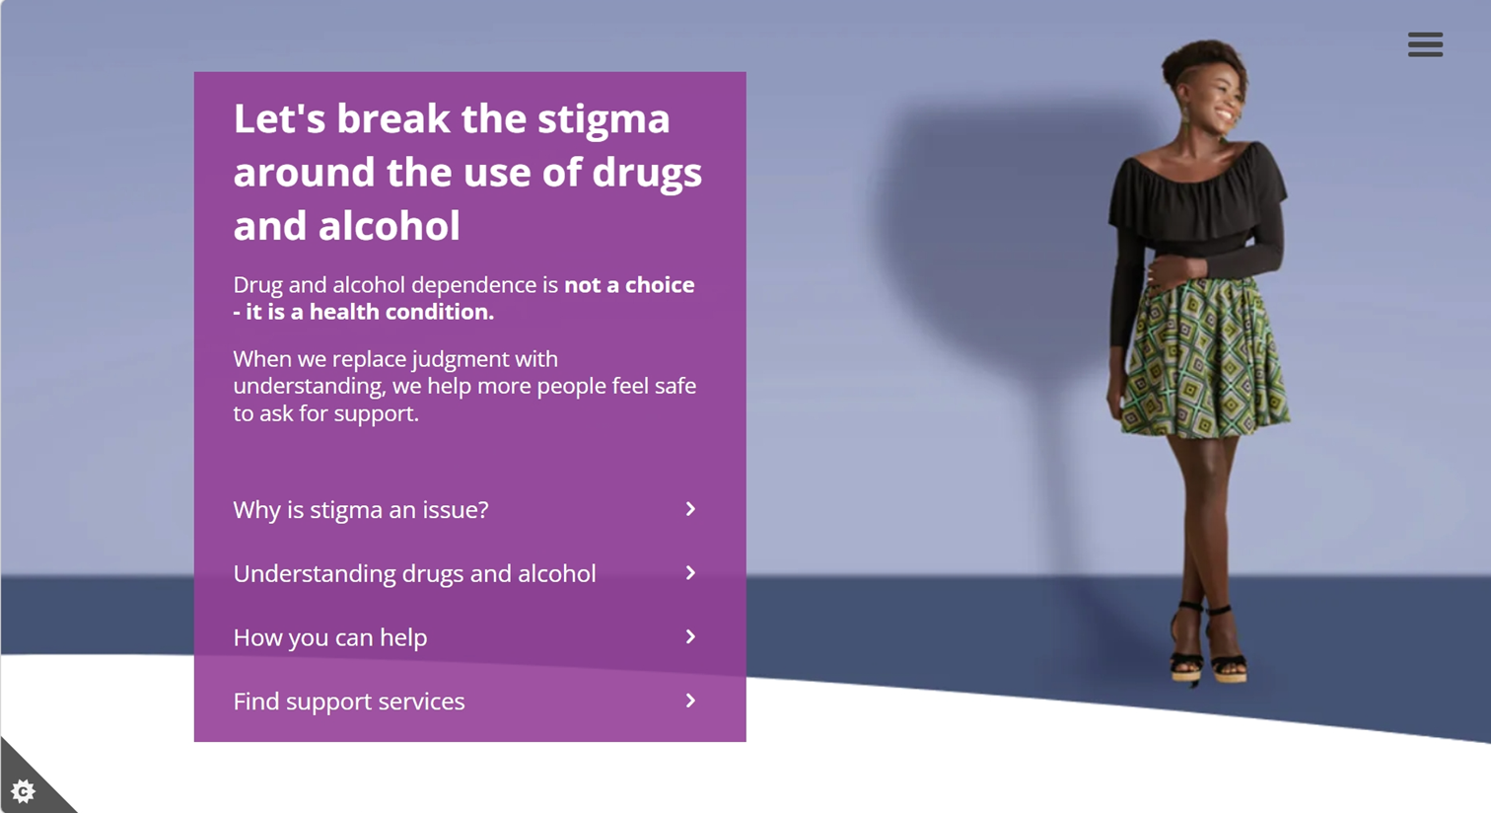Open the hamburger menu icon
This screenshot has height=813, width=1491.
tap(1425, 44)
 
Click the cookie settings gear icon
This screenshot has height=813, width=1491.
tap(24, 791)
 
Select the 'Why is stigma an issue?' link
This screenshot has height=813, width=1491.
tap(361, 509)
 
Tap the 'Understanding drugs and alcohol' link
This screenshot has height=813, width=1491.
tap(414, 573)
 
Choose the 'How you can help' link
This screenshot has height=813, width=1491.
tap(330, 637)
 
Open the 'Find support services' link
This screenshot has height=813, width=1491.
tap(349, 702)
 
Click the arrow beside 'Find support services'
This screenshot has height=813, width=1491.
tap(690, 701)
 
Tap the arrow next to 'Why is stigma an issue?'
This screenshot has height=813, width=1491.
tap(690, 509)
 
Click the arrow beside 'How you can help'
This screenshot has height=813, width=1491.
tap(690, 636)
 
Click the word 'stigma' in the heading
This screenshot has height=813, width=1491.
tap(603, 120)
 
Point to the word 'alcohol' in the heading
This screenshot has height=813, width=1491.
tap(389, 225)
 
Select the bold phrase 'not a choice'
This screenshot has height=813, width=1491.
tap(629, 285)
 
